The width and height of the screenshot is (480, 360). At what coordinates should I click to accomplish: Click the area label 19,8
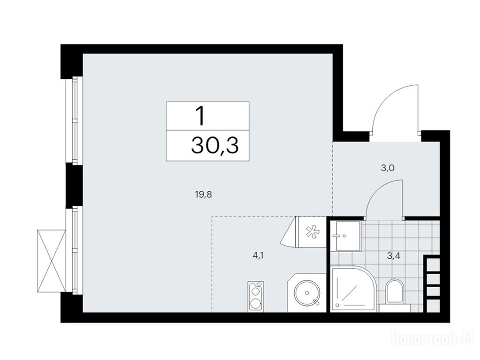tap(203, 195)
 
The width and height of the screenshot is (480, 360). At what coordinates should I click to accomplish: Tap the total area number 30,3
tap(215, 145)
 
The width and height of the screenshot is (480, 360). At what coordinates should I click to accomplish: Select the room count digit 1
tap(201, 116)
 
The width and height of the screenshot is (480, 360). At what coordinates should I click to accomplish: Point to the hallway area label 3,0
tap(388, 168)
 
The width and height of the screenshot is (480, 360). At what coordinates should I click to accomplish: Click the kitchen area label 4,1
tap(258, 255)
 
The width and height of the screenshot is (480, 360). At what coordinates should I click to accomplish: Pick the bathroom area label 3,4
tap(394, 256)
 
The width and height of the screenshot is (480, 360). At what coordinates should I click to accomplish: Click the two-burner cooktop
tap(255, 296)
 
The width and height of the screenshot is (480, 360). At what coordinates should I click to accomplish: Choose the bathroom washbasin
tap(348, 236)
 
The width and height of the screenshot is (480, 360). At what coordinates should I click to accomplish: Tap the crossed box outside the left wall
tap(51, 261)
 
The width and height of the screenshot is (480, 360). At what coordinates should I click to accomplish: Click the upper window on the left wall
tap(75, 120)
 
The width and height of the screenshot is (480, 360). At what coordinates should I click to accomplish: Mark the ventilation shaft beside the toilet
tap(432, 284)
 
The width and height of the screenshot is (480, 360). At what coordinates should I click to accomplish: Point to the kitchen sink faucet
tap(316, 302)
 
